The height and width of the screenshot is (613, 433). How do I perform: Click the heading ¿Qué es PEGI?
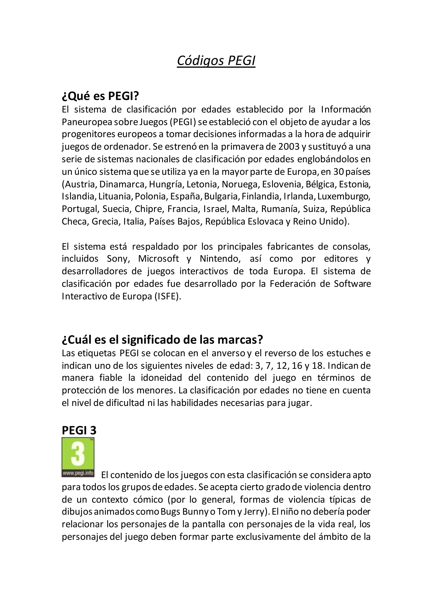pos(100,96)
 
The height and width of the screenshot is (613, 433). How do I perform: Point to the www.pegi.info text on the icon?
pos(78,473)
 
